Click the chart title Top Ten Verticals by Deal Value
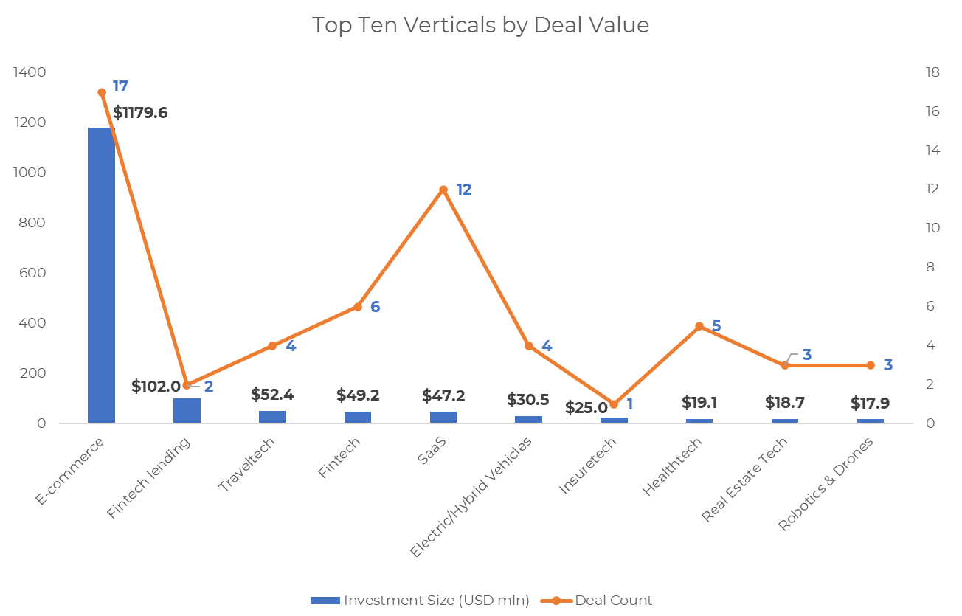pyautogui.click(x=480, y=25)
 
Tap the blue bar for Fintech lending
pyautogui.click(x=187, y=410)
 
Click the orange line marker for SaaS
pyautogui.click(x=443, y=190)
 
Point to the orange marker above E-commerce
pyautogui.click(x=102, y=92)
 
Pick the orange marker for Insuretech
pyautogui.click(x=614, y=404)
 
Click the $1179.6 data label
pyautogui.click(x=140, y=113)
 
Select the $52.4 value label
pyautogui.click(x=272, y=395)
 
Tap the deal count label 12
pyautogui.click(x=463, y=190)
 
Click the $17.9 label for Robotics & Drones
pyautogui.click(x=870, y=403)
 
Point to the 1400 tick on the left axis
pyautogui.click(x=30, y=72)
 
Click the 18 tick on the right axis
pyautogui.click(x=932, y=72)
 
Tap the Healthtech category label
pyautogui.click(x=672, y=466)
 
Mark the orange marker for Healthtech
pyautogui.click(x=699, y=326)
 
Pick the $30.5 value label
pyautogui.click(x=527, y=400)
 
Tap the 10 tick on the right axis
pyautogui.click(x=932, y=228)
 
